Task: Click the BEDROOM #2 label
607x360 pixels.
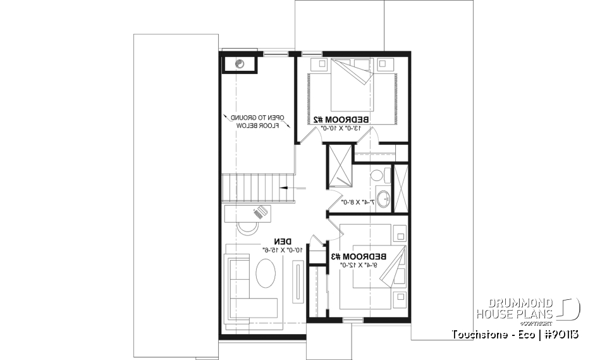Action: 341,119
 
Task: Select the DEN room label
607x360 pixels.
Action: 283,241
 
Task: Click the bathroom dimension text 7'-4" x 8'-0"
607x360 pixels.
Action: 358,202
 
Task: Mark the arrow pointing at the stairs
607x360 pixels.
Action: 293,187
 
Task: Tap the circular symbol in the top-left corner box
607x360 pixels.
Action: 240,63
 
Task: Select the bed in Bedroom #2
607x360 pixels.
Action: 352,89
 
